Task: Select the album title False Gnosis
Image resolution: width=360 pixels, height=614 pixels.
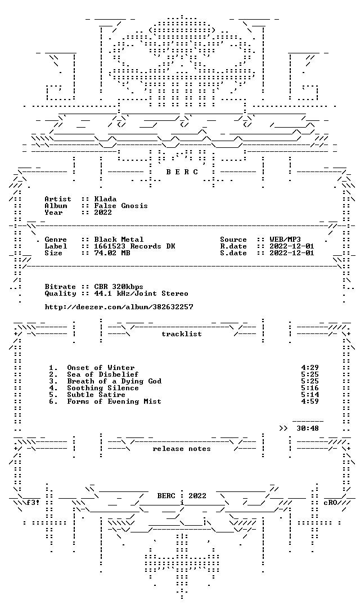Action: (120, 206)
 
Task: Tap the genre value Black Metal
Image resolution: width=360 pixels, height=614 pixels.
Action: (119, 240)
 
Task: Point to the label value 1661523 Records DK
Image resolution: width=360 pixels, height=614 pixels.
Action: (134, 246)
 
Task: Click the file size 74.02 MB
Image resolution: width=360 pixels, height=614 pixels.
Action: (112, 253)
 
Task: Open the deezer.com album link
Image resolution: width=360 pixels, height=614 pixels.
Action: (119, 307)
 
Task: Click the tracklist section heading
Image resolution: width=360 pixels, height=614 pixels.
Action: (182, 334)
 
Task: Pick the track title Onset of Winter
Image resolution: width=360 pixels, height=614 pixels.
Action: (101, 368)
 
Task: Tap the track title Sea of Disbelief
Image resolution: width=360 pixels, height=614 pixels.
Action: (102, 374)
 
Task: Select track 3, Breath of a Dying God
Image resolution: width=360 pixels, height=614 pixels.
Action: (114, 381)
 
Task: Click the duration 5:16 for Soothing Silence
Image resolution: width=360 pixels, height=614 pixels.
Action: (310, 388)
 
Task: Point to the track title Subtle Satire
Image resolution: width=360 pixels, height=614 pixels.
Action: (96, 395)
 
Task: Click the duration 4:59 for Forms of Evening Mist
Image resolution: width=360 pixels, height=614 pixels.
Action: (310, 401)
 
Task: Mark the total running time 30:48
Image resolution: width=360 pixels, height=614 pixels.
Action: (308, 428)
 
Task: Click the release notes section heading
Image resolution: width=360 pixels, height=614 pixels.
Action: (182, 449)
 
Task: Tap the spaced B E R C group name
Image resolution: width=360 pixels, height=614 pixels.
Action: (182, 172)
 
